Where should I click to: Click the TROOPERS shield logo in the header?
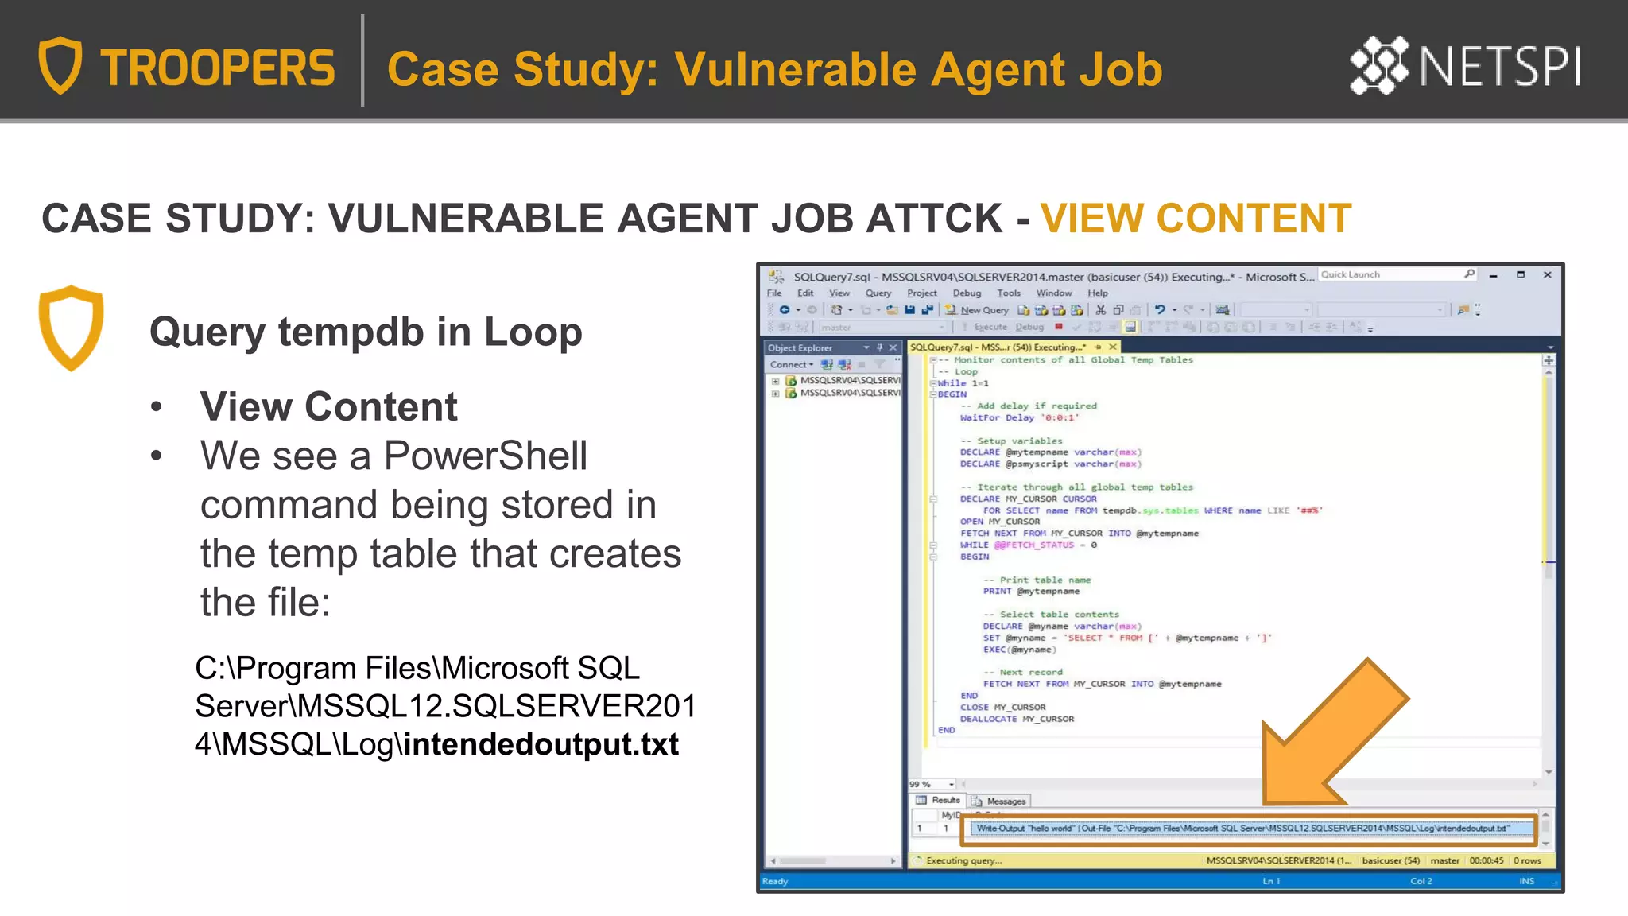click(60, 65)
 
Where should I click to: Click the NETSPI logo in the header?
click(1464, 65)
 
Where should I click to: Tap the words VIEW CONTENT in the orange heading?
click(1196, 219)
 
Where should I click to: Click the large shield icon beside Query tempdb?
click(71, 327)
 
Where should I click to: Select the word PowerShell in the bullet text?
click(485, 456)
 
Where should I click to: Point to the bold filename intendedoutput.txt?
click(541, 744)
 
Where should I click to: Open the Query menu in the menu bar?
click(878, 293)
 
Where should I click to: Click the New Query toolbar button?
click(977, 310)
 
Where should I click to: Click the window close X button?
click(1547, 275)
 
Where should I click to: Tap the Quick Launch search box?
click(1391, 275)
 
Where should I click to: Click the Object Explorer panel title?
click(800, 348)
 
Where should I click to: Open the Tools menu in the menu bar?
click(1008, 293)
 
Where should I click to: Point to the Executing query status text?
click(963, 861)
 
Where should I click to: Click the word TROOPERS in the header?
click(217, 68)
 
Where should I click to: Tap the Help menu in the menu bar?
click(1097, 293)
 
